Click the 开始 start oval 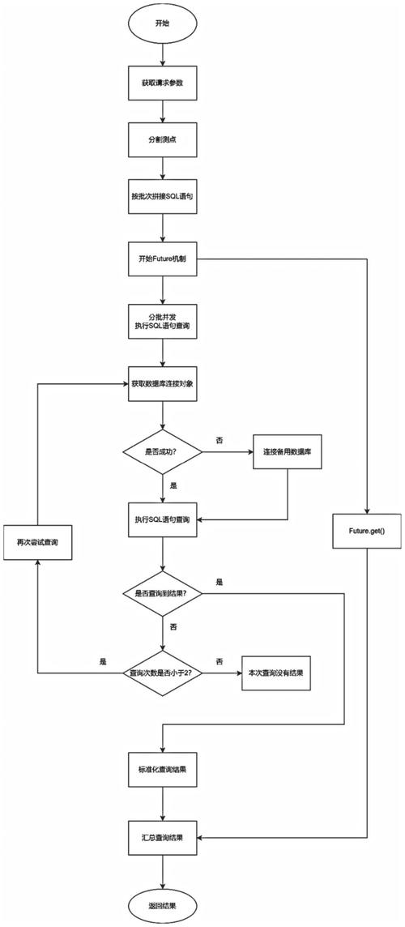click(x=163, y=24)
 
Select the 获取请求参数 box click(x=163, y=83)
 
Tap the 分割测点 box click(x=163, y=140)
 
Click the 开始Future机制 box click(x=163, y=259)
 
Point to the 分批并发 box click(x=163, y=319)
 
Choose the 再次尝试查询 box click(x=37, y=540)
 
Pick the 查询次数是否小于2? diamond click(x=162, y=673)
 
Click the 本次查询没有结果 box click(x=275, y=673)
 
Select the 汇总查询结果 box click(x=163, y=837)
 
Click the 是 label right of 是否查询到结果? click(x=220, y=583)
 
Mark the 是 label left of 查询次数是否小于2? click(x=102, y=662)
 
